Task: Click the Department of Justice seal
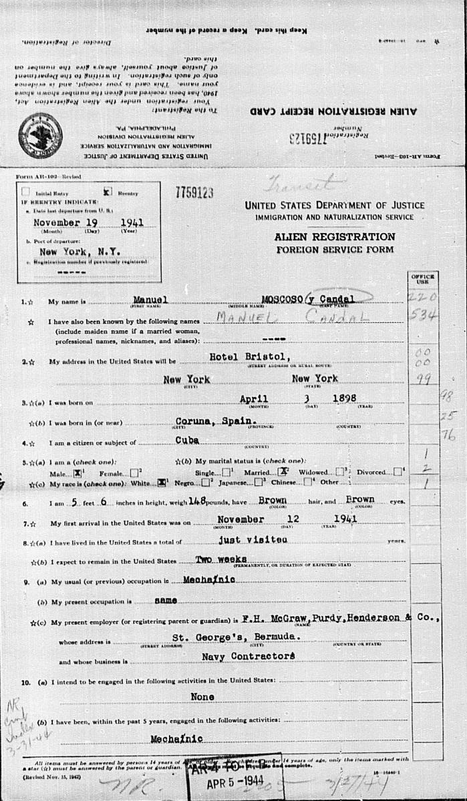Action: click(41, 135)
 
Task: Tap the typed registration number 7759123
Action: click(194, 193)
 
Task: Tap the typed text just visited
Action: click(243, 538)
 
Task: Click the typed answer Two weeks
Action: click(221, 558)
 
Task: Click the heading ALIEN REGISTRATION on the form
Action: click(334, 237)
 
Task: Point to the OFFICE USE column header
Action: click(424, 279)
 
